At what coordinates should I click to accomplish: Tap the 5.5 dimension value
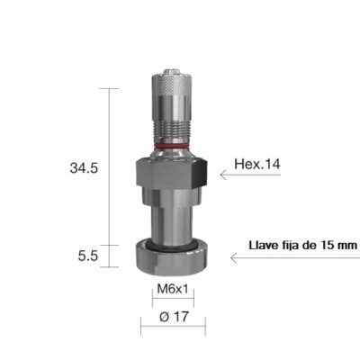[87, 256]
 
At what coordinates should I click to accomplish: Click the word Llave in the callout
[265, 244]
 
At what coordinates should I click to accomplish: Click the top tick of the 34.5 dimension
[110, 89]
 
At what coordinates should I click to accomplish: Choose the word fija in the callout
[292, 244]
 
